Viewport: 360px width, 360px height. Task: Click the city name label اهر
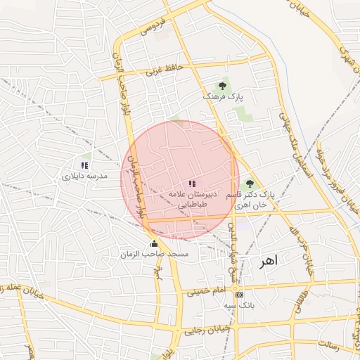click(x=268, y=260)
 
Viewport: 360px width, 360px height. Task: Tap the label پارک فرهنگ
click(x=222, y=95)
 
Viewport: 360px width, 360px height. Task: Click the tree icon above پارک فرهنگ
click(x=223, y=85)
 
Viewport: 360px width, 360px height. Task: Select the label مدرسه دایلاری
click(x=85, y=176)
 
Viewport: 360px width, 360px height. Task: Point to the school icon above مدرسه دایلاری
click(x=84, y=165)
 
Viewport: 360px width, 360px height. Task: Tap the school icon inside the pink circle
click(x=193, y=184)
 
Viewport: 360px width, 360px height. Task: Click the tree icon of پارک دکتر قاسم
click(x=249, y=184)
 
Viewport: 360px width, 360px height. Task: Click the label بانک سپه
click(x=239, y=305)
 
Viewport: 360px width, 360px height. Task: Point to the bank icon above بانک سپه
click(x=239, y=295)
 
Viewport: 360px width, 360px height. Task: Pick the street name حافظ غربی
click(x=162, y=70)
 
